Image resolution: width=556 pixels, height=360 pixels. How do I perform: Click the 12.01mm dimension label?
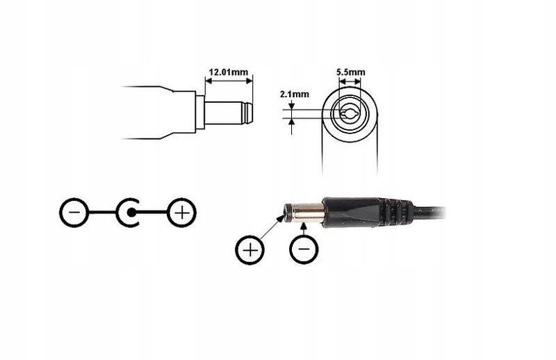click(229, 72)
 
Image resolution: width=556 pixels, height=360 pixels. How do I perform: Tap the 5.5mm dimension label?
click(350, 72)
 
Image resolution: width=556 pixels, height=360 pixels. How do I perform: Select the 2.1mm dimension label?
click(294, 95)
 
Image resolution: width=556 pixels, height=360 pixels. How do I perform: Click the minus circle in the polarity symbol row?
click(74, 213)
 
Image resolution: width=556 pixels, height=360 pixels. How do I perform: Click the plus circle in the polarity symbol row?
click(181, 213)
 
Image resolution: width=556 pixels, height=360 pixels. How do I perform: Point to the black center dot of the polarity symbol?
click(131, 213)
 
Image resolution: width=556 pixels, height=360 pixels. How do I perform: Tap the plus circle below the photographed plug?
click(250, 250)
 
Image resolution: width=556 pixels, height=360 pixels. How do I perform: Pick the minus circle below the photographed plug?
click(304, 249)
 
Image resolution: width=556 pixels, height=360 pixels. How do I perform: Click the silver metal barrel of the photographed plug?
click(307, 213)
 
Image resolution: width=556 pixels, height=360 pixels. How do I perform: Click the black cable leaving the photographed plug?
click(429, 213)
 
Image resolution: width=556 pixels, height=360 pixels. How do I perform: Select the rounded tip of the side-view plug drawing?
click(247, 113)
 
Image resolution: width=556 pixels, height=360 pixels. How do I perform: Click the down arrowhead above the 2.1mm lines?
click(291, 106)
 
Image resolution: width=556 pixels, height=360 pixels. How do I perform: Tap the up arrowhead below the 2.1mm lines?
click(291, 122)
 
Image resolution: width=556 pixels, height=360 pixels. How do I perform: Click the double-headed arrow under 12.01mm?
click(229, 81)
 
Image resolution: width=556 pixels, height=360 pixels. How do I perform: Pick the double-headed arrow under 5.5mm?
click(350, 81)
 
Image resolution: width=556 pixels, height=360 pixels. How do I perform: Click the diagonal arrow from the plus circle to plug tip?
click(272, 227)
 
